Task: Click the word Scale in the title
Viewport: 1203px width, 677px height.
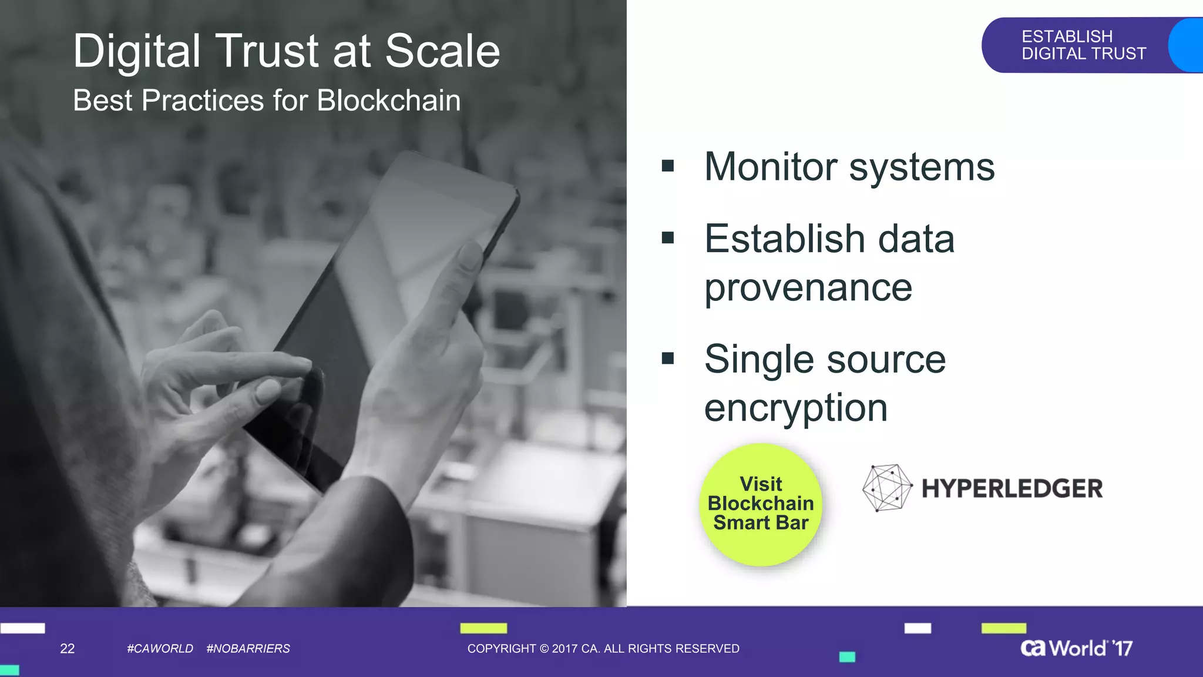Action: tap(442, 51)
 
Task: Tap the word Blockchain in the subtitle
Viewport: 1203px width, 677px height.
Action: tap(388, 100)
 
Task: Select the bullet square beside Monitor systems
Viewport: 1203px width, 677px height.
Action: tap(667, 166)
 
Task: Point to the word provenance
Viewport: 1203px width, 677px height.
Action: tap(808, 288)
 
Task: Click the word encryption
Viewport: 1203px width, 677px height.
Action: tap(796, 408)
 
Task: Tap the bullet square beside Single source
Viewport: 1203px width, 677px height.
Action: tap(667, 358)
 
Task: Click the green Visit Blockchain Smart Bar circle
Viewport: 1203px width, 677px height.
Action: tap(761, 504)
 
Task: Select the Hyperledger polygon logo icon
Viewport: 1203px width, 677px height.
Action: tap(886, 487)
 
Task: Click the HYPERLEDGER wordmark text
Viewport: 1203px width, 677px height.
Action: tap(1012, 488)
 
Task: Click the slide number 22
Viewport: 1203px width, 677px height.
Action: tap(68, 648)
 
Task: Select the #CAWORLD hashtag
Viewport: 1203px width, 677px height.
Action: tap(160, 648)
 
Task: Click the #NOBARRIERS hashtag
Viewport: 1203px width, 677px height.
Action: tap(248, 648)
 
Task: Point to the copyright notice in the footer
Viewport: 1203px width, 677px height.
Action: tap(603, 648)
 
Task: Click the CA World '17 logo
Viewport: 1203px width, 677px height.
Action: tap(1076, 648)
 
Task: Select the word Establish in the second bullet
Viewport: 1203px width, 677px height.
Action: tap(784, 239)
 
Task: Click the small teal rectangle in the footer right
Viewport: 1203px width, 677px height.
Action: tap(847, 656)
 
